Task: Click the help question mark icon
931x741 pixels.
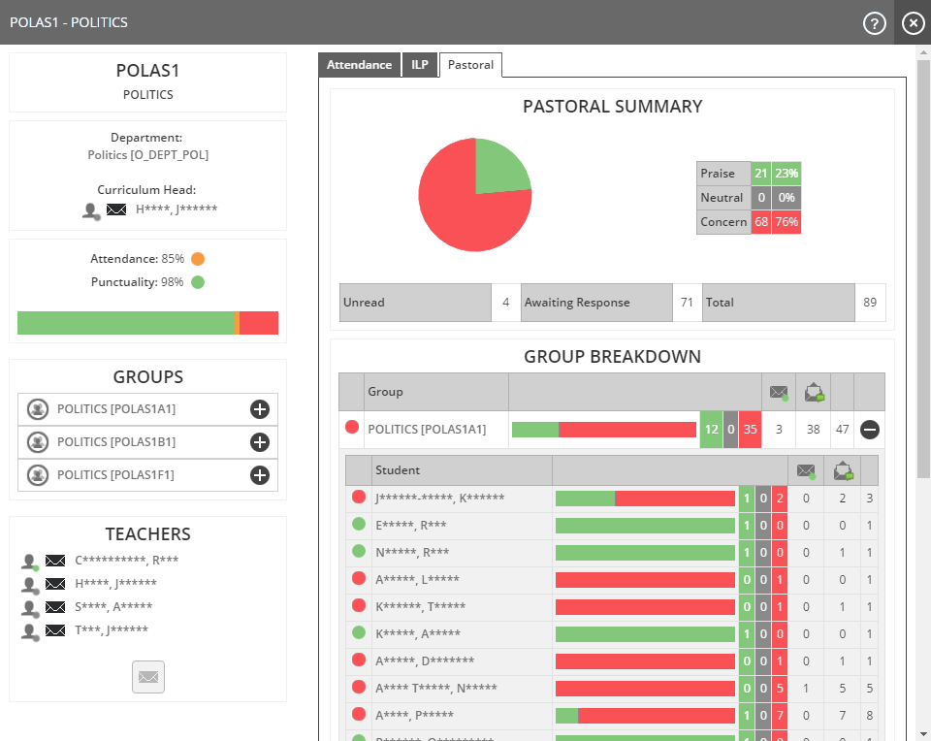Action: pos(875,23)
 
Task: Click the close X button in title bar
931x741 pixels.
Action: pos(913,23)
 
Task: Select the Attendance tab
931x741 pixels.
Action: pos(359,65)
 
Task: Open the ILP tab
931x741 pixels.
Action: pos(419,65)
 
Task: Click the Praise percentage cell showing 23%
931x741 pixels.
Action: pos(787,174)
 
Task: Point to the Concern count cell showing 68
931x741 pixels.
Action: pos(761,222)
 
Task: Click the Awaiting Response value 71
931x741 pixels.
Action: pos(687,303)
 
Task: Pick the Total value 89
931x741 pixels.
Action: pos(870,303)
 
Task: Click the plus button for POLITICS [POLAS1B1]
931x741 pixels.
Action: pos(259,442)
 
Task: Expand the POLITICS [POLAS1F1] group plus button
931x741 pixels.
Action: pos(259,475)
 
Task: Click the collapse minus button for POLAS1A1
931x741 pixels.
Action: pos(870,430)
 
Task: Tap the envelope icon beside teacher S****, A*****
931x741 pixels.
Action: pos(56,607)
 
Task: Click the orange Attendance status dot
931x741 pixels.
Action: pos(198,259)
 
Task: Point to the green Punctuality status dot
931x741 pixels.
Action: pos(198,282)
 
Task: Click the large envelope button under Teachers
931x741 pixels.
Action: pos(148,677)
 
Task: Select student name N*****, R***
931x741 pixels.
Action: pos(412,552)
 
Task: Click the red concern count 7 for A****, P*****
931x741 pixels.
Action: pos(780,716)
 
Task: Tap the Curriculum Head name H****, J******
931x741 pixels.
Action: pos(177,209)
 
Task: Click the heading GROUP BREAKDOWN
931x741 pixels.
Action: pos(612,356)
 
